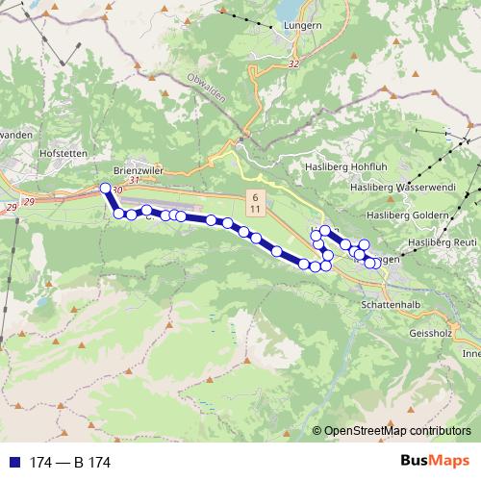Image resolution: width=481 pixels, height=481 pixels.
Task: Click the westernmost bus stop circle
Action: click(x=106, y=189)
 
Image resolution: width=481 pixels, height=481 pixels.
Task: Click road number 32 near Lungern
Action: click(x=293, y=62)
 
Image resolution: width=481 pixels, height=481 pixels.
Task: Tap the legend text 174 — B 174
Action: click(x=70, y=463)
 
